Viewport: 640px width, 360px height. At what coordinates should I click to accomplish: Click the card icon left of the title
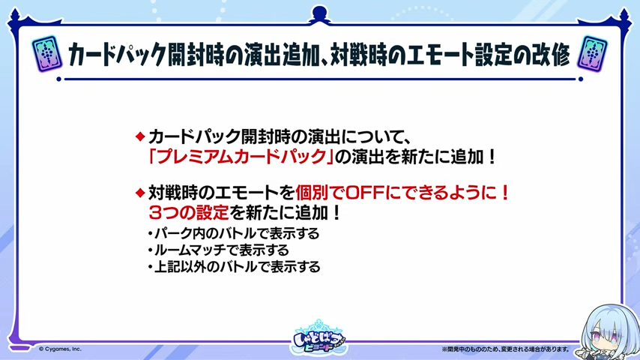click(x=47, y=54)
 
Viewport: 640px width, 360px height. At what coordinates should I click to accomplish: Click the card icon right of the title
click(x=592, y=54)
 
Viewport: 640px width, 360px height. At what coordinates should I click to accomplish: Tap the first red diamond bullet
click(x=140, y=136)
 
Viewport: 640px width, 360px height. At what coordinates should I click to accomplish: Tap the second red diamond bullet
click(x=140, y=193)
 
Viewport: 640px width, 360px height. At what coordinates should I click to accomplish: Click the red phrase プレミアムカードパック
click(x=241, y=157)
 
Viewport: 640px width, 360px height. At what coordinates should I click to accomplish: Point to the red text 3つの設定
click(x=189, y=212)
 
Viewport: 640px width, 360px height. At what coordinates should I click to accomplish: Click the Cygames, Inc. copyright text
click(x=60, y=349)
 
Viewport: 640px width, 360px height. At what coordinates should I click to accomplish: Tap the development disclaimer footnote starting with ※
click(x=505, y=349)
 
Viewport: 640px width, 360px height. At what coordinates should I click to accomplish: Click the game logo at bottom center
click(x=319, y=337)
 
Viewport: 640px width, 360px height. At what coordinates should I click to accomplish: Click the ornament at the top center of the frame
click(x=319, y=15)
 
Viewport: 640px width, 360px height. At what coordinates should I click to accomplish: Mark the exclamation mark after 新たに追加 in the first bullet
click(x=492, y=157)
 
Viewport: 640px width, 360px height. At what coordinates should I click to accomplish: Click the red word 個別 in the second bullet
click(x=312, y=193)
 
